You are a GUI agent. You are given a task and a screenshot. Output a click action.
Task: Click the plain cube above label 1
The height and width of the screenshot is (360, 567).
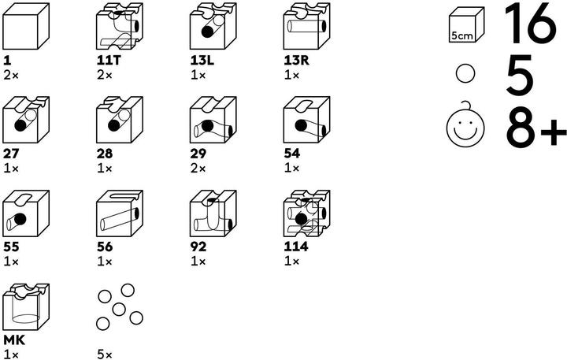point(26,26)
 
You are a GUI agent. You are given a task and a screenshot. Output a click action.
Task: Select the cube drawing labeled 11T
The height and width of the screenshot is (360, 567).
point(120,26)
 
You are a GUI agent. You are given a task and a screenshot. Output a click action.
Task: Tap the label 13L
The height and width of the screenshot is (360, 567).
point(202,61)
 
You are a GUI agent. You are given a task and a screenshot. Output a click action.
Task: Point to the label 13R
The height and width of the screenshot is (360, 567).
point(297,61)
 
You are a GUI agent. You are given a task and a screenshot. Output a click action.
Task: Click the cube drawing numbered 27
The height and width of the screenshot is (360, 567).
point(26,120)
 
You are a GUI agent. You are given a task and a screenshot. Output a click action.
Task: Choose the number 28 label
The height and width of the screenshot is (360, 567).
point(105,154)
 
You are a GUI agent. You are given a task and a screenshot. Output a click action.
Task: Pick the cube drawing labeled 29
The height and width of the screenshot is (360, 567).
point(213,120)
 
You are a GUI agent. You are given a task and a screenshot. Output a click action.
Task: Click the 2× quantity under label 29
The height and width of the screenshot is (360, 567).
point(198,169)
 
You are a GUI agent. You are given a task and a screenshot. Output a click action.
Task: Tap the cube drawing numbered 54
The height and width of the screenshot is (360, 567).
point(306,120)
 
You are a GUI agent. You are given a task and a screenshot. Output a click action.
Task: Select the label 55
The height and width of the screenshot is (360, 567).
point(11,247)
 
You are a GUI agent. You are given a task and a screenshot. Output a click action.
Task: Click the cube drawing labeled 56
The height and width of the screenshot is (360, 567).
point(120,213)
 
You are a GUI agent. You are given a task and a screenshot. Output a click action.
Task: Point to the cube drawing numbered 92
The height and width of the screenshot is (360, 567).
point(213,213)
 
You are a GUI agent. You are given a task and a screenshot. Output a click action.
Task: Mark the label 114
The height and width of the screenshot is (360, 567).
point(296,247)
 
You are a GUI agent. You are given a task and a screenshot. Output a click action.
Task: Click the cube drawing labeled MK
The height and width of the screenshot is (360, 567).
point(26,306)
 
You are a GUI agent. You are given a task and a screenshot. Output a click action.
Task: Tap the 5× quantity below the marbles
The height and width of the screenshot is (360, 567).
point(105,355)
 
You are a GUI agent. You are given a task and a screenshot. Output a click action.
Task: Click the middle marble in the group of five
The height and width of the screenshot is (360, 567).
point(119,310)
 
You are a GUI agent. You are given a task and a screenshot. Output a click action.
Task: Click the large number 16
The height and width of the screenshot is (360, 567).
point(530,24)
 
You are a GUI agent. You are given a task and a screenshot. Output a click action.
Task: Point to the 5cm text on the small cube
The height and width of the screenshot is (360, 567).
point(462,35)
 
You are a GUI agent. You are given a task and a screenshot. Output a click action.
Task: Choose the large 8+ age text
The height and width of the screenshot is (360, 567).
point(536,124)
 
